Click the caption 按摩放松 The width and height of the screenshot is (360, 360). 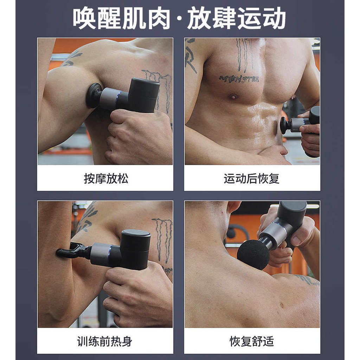106,179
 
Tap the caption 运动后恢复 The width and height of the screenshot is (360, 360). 252,179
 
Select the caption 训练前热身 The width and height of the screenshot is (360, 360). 105,341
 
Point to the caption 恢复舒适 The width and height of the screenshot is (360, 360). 252,341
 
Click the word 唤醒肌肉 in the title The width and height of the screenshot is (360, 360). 121,18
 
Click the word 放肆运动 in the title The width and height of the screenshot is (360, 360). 237,18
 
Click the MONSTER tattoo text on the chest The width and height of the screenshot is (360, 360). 239,79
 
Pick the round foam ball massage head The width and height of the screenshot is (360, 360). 253,255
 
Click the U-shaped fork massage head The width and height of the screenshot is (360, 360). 71,251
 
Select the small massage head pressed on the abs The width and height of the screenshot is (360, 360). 285,125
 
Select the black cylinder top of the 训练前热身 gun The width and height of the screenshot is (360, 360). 135,249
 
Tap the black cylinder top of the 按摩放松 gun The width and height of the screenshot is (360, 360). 143,95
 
